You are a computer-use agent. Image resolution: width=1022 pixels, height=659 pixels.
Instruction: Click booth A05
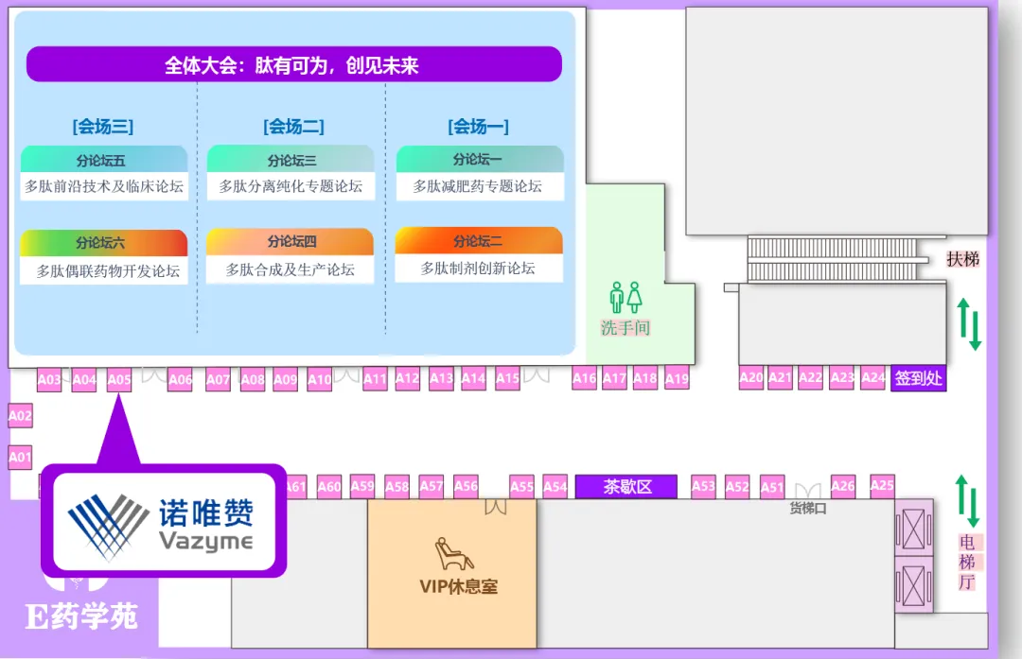[x=119, y=380]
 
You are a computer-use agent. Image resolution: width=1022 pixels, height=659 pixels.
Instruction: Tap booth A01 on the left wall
[x=20, y=457]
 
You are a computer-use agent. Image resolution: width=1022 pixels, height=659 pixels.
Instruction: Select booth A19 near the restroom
[x=677, y=379]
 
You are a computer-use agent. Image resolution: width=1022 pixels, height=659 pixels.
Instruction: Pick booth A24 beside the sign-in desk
[x=873, y=377]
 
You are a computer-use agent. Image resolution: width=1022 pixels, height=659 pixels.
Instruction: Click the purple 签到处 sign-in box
[x=918, y=378]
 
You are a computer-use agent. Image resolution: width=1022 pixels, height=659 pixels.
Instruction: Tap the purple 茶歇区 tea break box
[x=626, y=487]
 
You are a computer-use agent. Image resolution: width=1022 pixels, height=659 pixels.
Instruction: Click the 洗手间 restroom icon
[x=626, y=297]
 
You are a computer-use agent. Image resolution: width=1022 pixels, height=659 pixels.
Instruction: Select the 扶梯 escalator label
[x=963, y=258]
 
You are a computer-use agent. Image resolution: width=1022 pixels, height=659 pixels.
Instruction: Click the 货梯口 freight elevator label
[x=808, y=508]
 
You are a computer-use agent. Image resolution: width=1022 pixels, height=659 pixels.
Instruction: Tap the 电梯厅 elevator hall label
[x=966, y=562]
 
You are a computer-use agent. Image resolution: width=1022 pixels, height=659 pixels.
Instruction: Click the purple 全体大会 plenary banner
[x=293, y=65]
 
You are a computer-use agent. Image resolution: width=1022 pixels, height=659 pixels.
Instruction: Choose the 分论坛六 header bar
[x=103, y=243]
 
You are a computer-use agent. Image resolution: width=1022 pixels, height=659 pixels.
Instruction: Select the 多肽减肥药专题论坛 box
[x=478, y=186]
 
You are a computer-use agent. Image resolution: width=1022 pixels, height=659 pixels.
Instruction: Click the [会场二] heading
[x=293, y=126]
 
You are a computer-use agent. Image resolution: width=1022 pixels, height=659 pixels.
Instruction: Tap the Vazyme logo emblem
[x=107, y=526]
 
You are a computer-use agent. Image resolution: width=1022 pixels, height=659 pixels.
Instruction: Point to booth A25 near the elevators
[x=882, y=485]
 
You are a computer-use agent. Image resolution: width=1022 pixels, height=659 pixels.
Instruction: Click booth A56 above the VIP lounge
[x=466, y=486]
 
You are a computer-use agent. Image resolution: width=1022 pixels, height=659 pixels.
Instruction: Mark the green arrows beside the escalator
[x=969, y=323]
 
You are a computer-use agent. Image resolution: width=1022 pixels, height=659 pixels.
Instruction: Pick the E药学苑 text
[x=81, y=616]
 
